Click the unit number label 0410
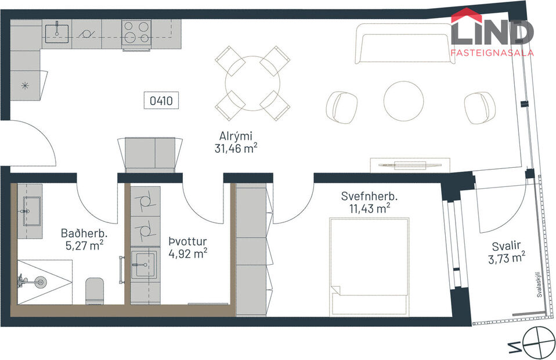tap(161, 100)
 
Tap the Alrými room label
tap(236, 136)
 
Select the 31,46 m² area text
tap(236, 148)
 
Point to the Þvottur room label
tap(187, 242)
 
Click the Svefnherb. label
tap(365, 196)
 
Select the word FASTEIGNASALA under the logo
tap(492, 52)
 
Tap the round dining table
tap(252, 84)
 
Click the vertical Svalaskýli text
tap(539, 285)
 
